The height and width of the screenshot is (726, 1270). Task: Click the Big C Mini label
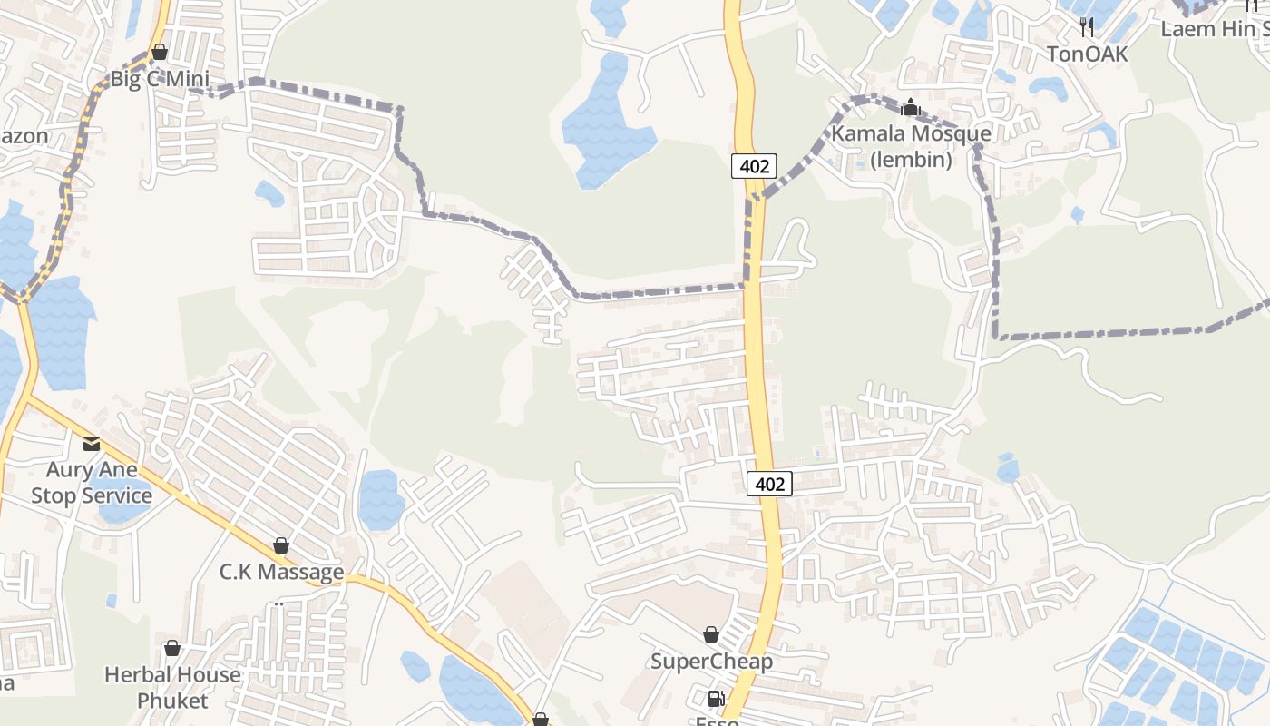160,79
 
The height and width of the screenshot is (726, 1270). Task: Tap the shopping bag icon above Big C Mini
160,52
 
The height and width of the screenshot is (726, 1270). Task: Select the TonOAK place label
1088,54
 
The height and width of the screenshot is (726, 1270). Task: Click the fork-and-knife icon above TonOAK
1088,27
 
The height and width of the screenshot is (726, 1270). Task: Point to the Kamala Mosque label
911,134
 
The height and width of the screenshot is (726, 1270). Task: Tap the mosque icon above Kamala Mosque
911,108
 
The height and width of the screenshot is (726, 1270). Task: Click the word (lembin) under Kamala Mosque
911,161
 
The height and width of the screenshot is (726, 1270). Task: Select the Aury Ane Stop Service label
92,483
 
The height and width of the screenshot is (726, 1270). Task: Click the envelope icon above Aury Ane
92,444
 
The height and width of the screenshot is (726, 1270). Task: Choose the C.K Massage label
281,572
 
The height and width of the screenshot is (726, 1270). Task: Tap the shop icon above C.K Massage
281,545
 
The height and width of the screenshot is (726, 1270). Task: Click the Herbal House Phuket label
172,688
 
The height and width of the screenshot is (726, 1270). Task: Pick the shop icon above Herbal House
172,648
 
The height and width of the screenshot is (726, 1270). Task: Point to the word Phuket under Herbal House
172,701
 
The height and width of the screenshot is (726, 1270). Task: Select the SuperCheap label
711,662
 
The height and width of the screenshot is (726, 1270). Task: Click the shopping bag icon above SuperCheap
711,634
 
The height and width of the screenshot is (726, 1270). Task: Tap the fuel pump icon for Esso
716,699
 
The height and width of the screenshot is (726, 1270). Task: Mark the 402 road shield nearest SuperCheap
769,484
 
